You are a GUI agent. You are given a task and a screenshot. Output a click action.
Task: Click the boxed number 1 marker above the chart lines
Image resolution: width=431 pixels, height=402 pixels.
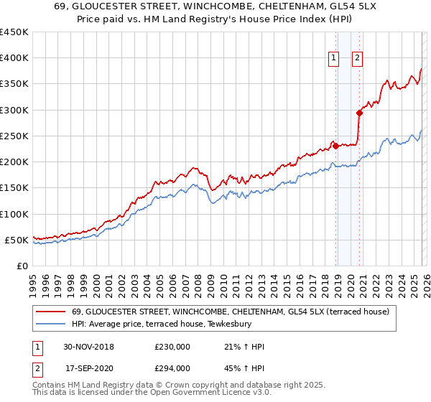coord(334,60)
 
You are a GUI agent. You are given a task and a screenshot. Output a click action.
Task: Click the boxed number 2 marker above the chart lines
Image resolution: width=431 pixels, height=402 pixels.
coord(357,60)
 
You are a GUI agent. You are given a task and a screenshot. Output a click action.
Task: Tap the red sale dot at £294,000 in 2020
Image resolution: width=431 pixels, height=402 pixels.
coord(359,113)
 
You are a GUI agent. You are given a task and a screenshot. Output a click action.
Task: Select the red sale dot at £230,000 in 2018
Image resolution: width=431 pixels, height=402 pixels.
coord(336,146)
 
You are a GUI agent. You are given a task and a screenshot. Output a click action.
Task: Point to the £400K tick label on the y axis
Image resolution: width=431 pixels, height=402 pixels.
coord(14,58)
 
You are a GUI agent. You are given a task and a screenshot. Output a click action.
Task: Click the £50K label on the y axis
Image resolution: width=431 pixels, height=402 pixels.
coord(17,240)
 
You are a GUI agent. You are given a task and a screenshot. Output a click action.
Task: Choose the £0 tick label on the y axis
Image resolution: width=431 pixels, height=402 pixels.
coord(23,266)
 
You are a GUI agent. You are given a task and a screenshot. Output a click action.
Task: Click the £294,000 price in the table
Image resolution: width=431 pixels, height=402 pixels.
coord(172,368)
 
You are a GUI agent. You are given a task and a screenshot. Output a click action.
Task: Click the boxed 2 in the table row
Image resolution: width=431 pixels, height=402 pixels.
coord(37,368)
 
